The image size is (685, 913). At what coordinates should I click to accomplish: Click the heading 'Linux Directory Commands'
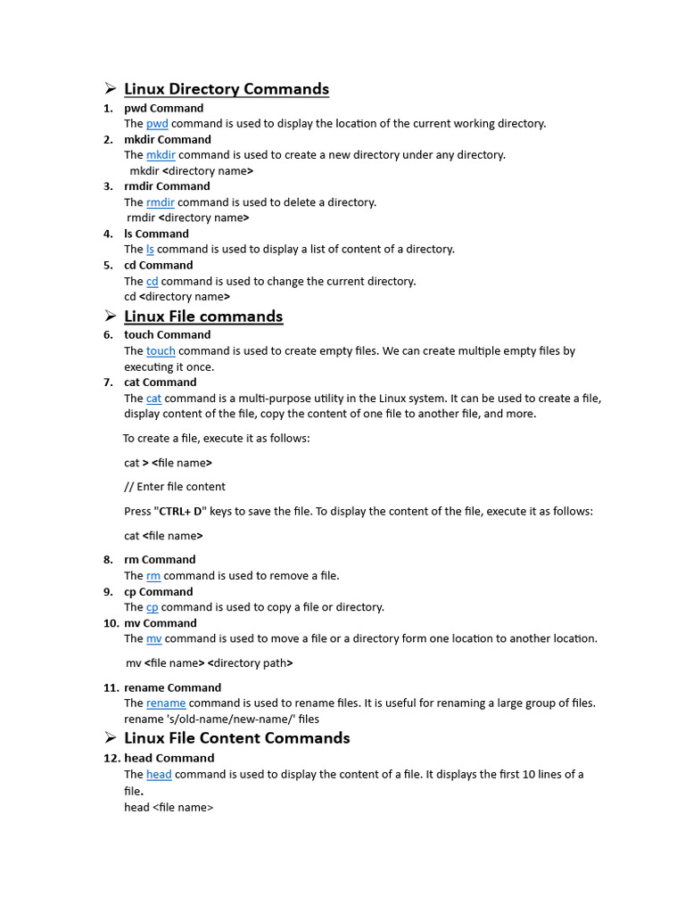coord(226,89)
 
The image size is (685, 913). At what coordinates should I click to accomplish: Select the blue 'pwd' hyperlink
coord(157,124)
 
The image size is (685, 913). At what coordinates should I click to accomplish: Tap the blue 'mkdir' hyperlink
coord(161,155)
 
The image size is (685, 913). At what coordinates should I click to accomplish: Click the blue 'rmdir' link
coord(160,202)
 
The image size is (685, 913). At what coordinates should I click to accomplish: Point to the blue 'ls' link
coord(150,250)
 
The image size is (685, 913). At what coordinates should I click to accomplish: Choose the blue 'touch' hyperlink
coord(161,351)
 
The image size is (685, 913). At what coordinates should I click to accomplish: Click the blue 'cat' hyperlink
coord(153,399)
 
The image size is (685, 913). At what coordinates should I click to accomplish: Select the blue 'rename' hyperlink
coord(166,703)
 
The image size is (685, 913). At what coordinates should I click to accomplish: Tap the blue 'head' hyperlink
coord(159,775)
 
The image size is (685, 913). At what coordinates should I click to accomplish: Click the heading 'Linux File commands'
coord(202,317)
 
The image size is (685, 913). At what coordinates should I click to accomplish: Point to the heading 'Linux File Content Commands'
coord(236,738)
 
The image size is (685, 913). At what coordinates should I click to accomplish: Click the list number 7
coord(108,382)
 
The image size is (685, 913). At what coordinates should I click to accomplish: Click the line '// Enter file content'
coord(175,487)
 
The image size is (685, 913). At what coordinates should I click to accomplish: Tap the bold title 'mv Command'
coord(161,623)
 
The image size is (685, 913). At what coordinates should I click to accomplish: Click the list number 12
coord(111,759)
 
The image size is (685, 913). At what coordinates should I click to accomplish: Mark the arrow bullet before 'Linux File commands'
coord(110,316)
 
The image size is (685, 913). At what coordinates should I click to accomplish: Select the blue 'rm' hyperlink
coord(153,576)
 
